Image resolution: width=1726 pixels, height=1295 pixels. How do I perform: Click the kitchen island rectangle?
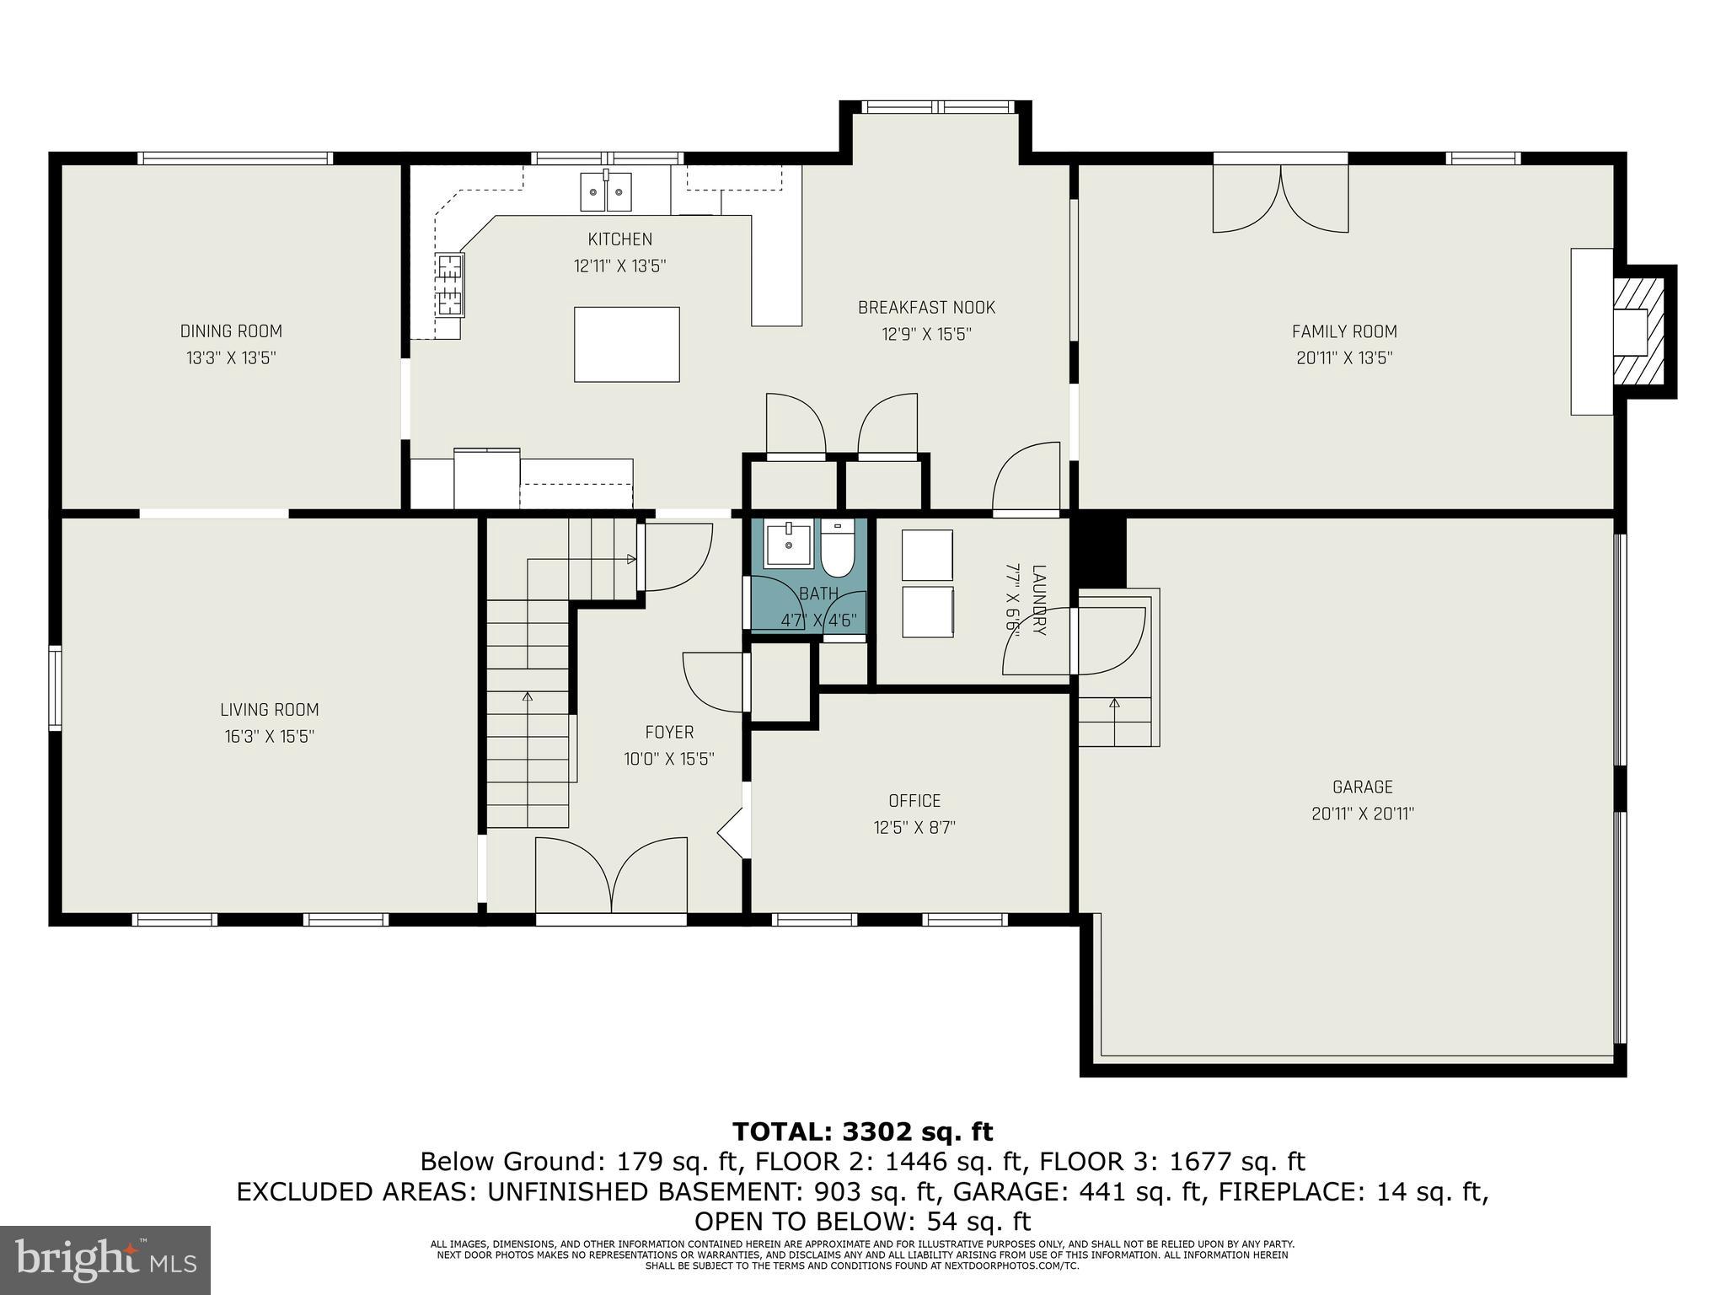[626, 344]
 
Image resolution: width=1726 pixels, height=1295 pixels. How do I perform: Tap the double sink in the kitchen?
[606, 191]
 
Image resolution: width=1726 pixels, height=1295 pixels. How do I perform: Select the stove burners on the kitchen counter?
[449, 285]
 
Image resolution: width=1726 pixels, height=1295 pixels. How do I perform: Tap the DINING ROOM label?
[231, 331]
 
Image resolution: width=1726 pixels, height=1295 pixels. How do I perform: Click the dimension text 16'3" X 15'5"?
[269, 737]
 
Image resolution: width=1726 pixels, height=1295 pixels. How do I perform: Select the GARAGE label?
[1362, 787]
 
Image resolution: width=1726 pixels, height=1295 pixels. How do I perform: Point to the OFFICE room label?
[914, 800]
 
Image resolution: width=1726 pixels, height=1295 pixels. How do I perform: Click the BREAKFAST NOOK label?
[926, 308]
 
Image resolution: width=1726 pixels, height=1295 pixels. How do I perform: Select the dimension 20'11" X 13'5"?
[1344, 357]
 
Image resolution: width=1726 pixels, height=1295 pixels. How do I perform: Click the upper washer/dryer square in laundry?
[927, 555]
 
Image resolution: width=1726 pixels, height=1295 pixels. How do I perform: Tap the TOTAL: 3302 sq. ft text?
[862, 1131]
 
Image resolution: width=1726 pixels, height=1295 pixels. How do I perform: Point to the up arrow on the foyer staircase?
[528, 696]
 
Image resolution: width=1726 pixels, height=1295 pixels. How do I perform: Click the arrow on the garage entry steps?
[1115, 702]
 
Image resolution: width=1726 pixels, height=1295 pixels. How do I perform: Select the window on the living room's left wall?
[55, 687]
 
